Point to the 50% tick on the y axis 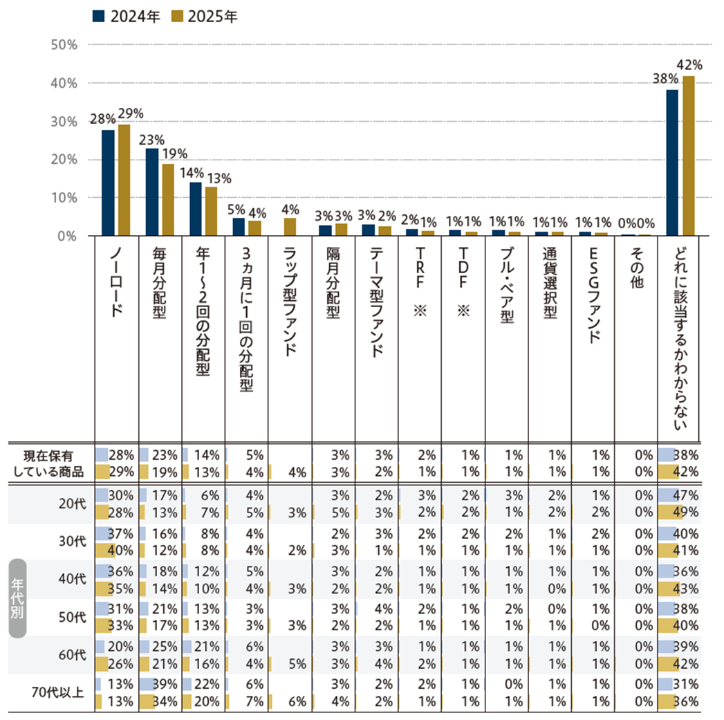click(x=64, y=45)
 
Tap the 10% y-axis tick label click(x=64, y=198)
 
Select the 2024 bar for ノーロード click(x=108, y=183)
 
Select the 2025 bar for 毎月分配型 click(x=168, y=200)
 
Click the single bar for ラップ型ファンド click(x=290, y=227)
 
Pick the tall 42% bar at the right click(x=688, y=156)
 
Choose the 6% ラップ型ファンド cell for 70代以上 click(x=298, y=701)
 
